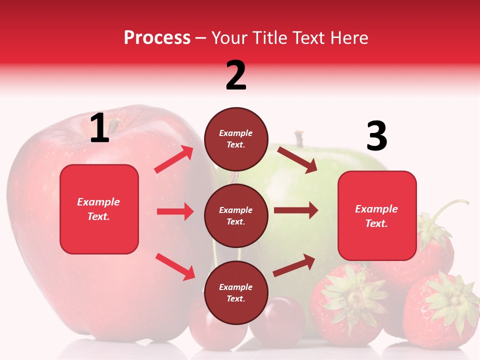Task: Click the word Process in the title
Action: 157,38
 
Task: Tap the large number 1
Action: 99,128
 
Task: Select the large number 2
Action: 236,75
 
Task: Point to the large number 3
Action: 376,136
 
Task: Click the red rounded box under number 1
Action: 99,209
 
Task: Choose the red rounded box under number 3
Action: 377,215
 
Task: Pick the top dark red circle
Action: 236,139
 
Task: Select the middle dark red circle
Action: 236,215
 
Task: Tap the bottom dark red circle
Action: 236,292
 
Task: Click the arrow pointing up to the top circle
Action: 174,159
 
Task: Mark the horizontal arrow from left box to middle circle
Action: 175,211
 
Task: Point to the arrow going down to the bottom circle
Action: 175,266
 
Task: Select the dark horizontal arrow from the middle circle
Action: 296,210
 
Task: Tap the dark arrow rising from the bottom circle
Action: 294,265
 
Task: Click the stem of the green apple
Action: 299,139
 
